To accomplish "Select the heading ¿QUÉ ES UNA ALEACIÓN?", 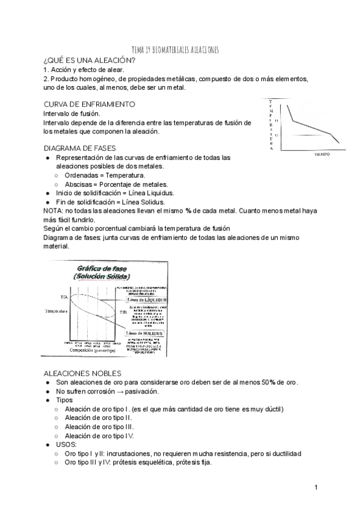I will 90,61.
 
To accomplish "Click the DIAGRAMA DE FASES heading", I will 80,148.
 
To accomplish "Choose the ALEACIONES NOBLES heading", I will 83,373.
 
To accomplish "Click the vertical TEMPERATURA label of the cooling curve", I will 270,124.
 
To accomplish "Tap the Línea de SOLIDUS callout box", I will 146,333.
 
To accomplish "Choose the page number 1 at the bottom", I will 316,487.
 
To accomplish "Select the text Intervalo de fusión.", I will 72,113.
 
